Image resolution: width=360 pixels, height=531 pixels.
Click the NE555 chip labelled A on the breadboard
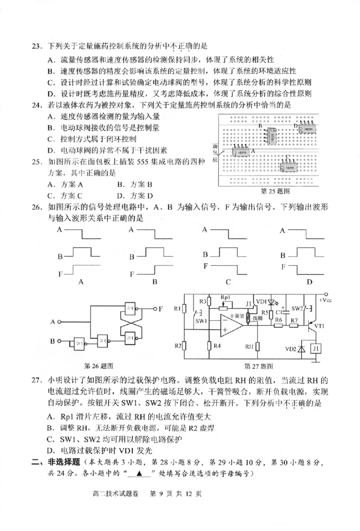[x=242, y=153]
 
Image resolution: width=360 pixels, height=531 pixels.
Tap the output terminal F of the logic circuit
[x=160, y=309]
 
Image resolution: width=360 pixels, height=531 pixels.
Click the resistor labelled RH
[x=257, y=347]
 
